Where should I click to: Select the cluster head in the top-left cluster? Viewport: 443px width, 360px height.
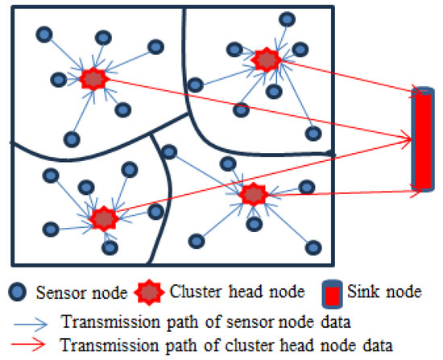pos(93,79)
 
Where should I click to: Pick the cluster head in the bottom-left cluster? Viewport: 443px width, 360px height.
pos(103,217)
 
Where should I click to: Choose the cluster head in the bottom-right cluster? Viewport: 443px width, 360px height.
pos(253,194)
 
